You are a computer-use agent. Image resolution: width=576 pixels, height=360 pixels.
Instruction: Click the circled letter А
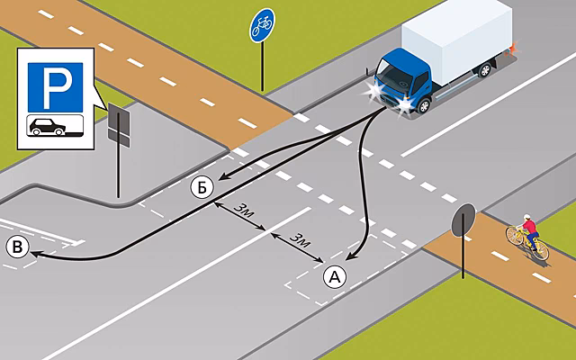tap(335, 277)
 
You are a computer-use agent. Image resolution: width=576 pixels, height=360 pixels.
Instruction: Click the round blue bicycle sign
tap(262, 25)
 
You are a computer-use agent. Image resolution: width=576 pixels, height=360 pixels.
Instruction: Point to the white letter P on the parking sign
tap(56, 87)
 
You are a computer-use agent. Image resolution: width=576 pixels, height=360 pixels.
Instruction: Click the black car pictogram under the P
tap(48, 127)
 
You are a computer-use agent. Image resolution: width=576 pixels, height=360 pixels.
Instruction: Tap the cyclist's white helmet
tap(526, 217)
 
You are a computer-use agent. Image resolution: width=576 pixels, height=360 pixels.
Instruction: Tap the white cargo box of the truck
tap(456, 41)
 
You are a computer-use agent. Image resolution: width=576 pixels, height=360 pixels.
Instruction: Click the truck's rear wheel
tap(485, 69)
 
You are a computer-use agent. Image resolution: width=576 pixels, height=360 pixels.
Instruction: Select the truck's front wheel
tap(424, 106)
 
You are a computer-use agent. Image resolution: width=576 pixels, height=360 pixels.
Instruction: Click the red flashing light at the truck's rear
tap(511, 48)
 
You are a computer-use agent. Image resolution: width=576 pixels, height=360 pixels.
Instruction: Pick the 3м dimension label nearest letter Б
tap(244, 211)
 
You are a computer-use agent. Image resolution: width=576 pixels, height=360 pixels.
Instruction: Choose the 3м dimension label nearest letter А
tap(300, 240)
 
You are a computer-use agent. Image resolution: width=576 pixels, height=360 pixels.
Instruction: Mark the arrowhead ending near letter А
tap(350, 256)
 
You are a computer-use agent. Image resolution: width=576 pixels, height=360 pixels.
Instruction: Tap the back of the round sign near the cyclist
tap(463, 220)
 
